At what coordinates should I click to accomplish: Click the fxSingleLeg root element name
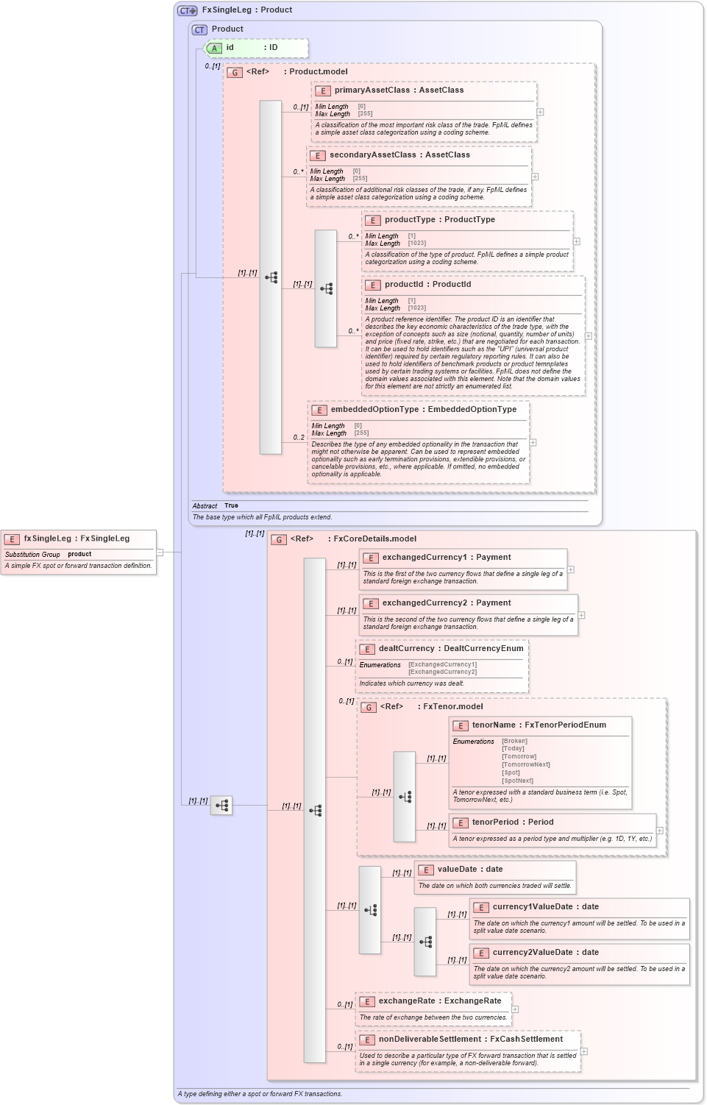(x=47, y=539)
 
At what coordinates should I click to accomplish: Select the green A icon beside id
(x=214, y=49)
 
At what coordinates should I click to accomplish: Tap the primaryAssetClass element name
(x=372, y=90)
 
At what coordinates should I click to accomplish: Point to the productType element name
(x=410, y=220)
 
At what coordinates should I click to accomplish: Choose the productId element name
(x=403, y=285)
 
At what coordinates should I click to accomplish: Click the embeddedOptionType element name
(x=374, y=410)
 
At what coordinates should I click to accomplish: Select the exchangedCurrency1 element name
(x=424, y=558)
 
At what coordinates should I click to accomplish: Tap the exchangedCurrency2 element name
(x=424, y=603)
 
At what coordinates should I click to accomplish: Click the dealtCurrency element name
(x=406, y=649)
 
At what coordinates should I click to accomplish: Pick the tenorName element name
(x=494, y=725)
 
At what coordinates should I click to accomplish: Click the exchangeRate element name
(x=407, y=1001)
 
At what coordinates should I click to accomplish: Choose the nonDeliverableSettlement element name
(x=429, y=1040)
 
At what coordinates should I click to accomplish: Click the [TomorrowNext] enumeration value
(x=525, y=764)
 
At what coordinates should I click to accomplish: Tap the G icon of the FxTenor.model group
(x=369, y=708)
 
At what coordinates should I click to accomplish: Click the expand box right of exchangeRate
(x=515, y=1009)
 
